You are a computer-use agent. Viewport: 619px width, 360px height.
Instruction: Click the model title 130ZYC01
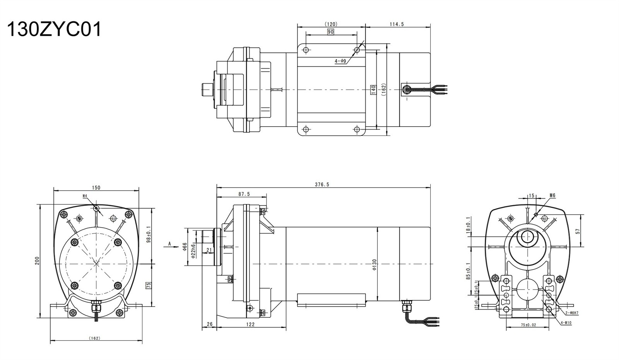tap(54, 29)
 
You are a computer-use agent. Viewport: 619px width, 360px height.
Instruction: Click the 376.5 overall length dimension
tap(322, 185)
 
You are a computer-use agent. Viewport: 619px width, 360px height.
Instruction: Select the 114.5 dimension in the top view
tap(397, 24)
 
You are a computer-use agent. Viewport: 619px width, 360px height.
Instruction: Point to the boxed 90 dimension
tap(330, 32)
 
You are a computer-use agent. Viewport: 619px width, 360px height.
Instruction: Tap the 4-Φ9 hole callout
tap(340, 61)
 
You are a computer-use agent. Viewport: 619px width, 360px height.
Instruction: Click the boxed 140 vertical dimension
tap(373, 90)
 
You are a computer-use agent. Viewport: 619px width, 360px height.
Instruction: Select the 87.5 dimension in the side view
tap(244, 194)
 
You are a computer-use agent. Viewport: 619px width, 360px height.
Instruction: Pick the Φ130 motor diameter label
tap(374, 264)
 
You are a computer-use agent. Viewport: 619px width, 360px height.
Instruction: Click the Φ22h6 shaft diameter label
tap(193, 251)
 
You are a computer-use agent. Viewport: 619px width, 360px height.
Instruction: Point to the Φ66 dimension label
tap(185, 247)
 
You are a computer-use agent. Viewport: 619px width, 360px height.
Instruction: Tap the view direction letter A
tap(169, 244)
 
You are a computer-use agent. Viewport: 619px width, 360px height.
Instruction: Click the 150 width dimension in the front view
tap(96, 188)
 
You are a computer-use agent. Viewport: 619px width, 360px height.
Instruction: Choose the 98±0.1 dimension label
tap(149, 234)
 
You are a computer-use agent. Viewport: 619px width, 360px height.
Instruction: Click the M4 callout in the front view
tap(85, 196)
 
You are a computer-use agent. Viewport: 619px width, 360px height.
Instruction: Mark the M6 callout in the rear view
tap(552, 195)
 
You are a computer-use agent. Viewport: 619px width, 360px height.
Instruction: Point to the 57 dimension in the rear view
tap(578, 231)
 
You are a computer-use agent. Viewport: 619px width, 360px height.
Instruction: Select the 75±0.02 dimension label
tap(528, 325)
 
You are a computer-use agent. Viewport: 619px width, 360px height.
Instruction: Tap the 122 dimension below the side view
tap(250, 324)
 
